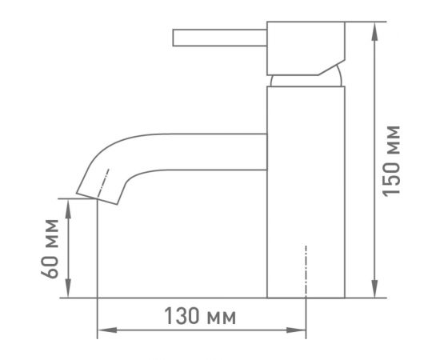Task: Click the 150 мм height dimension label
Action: pyautogui.click(x=391, y=161)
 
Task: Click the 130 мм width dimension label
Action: pyautogui.click(x=200, y=316)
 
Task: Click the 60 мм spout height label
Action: pyautogui.click(x=50, y=249)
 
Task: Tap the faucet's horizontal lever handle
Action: pyautogui.click(x=220, y=38)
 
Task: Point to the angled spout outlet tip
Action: pyautogui.click(x=97, y=198)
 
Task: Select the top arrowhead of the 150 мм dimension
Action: pyautogui.click(x=374, y=31)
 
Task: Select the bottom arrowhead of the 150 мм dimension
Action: pyautogui.click(x=374, y=288)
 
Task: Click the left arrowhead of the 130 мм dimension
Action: pyautogui.click(x=107, y=330)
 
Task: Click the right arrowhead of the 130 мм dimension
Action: pyautogui.click(x=296, y=330)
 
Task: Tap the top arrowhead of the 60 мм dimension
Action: pyautogui.click(x=68, y=209)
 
